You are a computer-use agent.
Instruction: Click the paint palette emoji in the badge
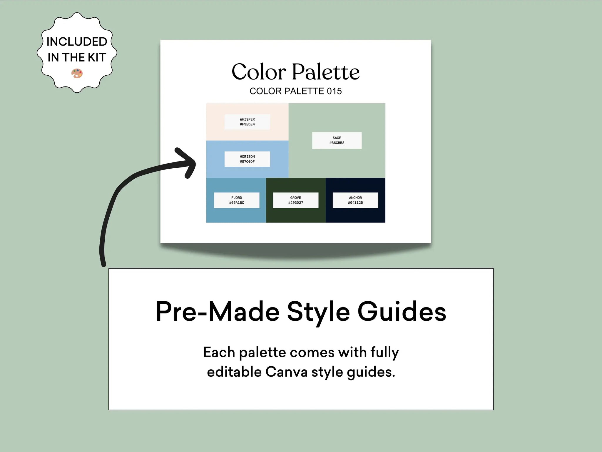(77, 73)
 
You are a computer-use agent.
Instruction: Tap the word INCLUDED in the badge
(77, 42)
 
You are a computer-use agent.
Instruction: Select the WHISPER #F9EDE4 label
(247, 122)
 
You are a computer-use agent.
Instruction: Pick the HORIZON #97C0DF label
(247, 159)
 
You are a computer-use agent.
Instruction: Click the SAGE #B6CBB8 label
(337, 140)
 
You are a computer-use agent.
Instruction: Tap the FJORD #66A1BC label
(237, 200)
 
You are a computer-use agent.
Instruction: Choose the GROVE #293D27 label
(296, 200)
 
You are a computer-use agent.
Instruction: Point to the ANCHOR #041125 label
(355, 200)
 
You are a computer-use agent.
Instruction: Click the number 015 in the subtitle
(334, 91)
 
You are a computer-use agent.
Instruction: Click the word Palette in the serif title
(326, 72)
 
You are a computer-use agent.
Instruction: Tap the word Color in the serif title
(259, 72)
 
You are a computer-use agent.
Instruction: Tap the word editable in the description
(234, 372)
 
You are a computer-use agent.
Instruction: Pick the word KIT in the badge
(95, 58)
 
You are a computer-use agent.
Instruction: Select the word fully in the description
(384, 353)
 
